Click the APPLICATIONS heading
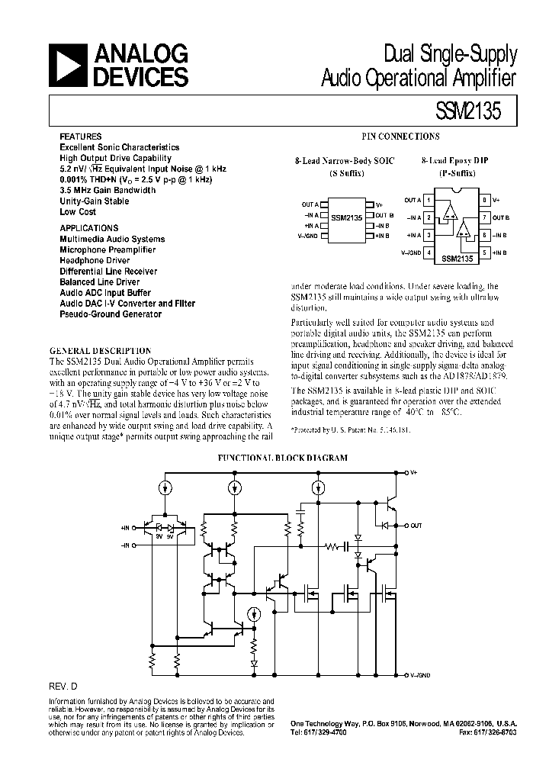click(89, 228)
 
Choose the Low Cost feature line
click(78, 212)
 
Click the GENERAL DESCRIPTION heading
click(100, 351)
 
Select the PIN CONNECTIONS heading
click(400, 137)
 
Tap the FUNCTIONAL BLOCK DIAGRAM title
click(283, 458)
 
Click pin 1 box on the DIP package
click(430, 200)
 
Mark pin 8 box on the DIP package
click(484, 200)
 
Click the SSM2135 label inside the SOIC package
click(347, 217)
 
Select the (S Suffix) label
click(346, 173)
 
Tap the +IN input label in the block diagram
click(126, 528)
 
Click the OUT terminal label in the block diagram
click(416, 526)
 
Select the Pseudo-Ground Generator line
click(111, 314)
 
